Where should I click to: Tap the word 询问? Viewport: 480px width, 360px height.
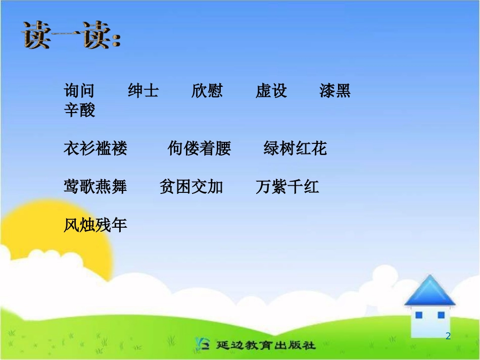pyautogui.click(x=79, y=91)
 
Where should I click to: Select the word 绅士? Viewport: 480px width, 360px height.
pyautogui.click(x=143, y=91)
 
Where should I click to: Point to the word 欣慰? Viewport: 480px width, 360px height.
pyautogui.click(x=207, y=91)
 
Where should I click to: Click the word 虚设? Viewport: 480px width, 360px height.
pyautogui.click(x=271, y=91)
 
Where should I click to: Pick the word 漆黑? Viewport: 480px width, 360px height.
pyautogui.click(x=335, y=91)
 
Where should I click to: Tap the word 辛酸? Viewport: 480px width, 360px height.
pyautogui.click(x=79, y=110)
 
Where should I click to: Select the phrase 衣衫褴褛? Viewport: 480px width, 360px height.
pyautogui.click(x=95, y=148)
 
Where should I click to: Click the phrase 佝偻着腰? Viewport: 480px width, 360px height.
pyautogui.click(x=199, y=148)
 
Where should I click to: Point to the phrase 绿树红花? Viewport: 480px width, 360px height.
pyautogui.click(x=295, y=148)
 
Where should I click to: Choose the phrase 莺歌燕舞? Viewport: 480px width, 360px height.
pyautogui.click(x=95, y=187)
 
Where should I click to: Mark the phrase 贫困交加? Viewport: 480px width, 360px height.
pyautogui.click(x=191, y=187)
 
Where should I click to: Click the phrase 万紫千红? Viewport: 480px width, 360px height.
pyautogui.click(x=287, y=187)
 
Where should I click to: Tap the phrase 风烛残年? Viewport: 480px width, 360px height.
pyautogui.click(x=95, y=225)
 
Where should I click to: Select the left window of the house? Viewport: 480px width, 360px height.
pyautogui.click(x=418, y=315)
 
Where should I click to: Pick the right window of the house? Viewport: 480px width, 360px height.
pyautogui.click(x=441, y=315)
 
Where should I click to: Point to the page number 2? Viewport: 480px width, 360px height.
pyautogui.click(x=448, y=336)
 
